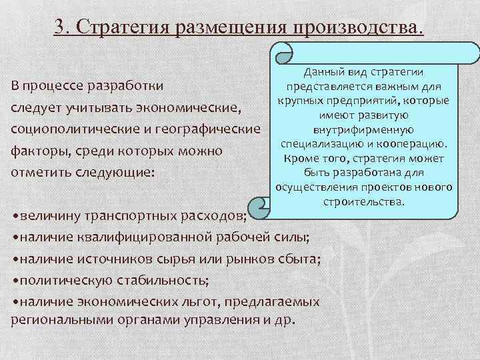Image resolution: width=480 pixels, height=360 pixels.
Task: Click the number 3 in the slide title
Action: pos(59,27)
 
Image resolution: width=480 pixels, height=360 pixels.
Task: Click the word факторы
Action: pos(38,151)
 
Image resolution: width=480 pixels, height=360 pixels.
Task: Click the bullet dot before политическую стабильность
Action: pos(15,278)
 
